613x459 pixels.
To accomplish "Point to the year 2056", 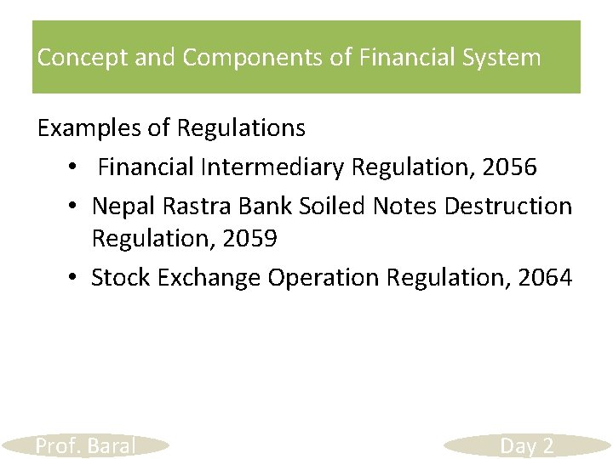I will coord(508,167).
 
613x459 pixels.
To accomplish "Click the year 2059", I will coord(249,239).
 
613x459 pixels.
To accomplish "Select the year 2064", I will coord(544,277).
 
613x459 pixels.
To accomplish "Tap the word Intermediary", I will coord(272,167).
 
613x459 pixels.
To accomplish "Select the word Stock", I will coord(118,277).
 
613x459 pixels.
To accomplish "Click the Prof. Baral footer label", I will coord(86,445).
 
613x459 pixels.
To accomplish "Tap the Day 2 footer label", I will coord(527,445).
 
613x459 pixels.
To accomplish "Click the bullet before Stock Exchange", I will coord(75,278).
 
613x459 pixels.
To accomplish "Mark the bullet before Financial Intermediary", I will coord(75,167).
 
